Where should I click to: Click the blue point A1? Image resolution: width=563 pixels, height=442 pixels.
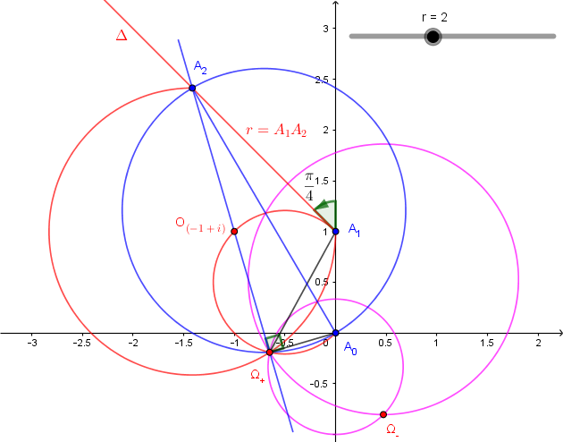pos(335,230)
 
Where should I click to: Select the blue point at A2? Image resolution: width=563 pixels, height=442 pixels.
pos(192,86)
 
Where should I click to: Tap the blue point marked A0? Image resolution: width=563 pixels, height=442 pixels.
pos(335,333)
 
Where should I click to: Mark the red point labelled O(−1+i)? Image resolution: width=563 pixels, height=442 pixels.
pos(234,231)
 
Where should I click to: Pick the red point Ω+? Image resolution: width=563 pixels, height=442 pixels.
pos(269,353)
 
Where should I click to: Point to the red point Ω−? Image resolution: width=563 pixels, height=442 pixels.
pos(383,414)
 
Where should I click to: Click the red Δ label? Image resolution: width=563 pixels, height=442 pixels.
pos(122,36)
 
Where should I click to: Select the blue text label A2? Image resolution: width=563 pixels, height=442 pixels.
pos(200,67)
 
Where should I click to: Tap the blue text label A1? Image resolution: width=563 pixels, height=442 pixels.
pos(354,230)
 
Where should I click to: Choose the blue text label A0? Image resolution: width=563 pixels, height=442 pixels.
pos(351,348)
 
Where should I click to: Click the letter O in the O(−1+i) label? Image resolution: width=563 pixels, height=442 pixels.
pos(181,222)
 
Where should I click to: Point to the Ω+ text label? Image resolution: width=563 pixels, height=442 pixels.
pos(257,375)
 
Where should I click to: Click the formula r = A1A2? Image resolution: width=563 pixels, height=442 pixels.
pos(276,131)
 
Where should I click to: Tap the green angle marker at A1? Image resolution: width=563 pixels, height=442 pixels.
pos(327,213)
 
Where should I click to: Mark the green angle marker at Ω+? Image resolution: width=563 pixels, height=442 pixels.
pos(275,342)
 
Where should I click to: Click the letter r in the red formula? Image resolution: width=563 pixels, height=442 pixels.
pos(248,131)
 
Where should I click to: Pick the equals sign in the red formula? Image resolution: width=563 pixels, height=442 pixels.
pos(262,131)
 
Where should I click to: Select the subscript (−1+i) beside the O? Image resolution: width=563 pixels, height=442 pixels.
pos(206,229)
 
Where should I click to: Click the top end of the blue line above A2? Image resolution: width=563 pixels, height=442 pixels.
pos(179,39)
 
